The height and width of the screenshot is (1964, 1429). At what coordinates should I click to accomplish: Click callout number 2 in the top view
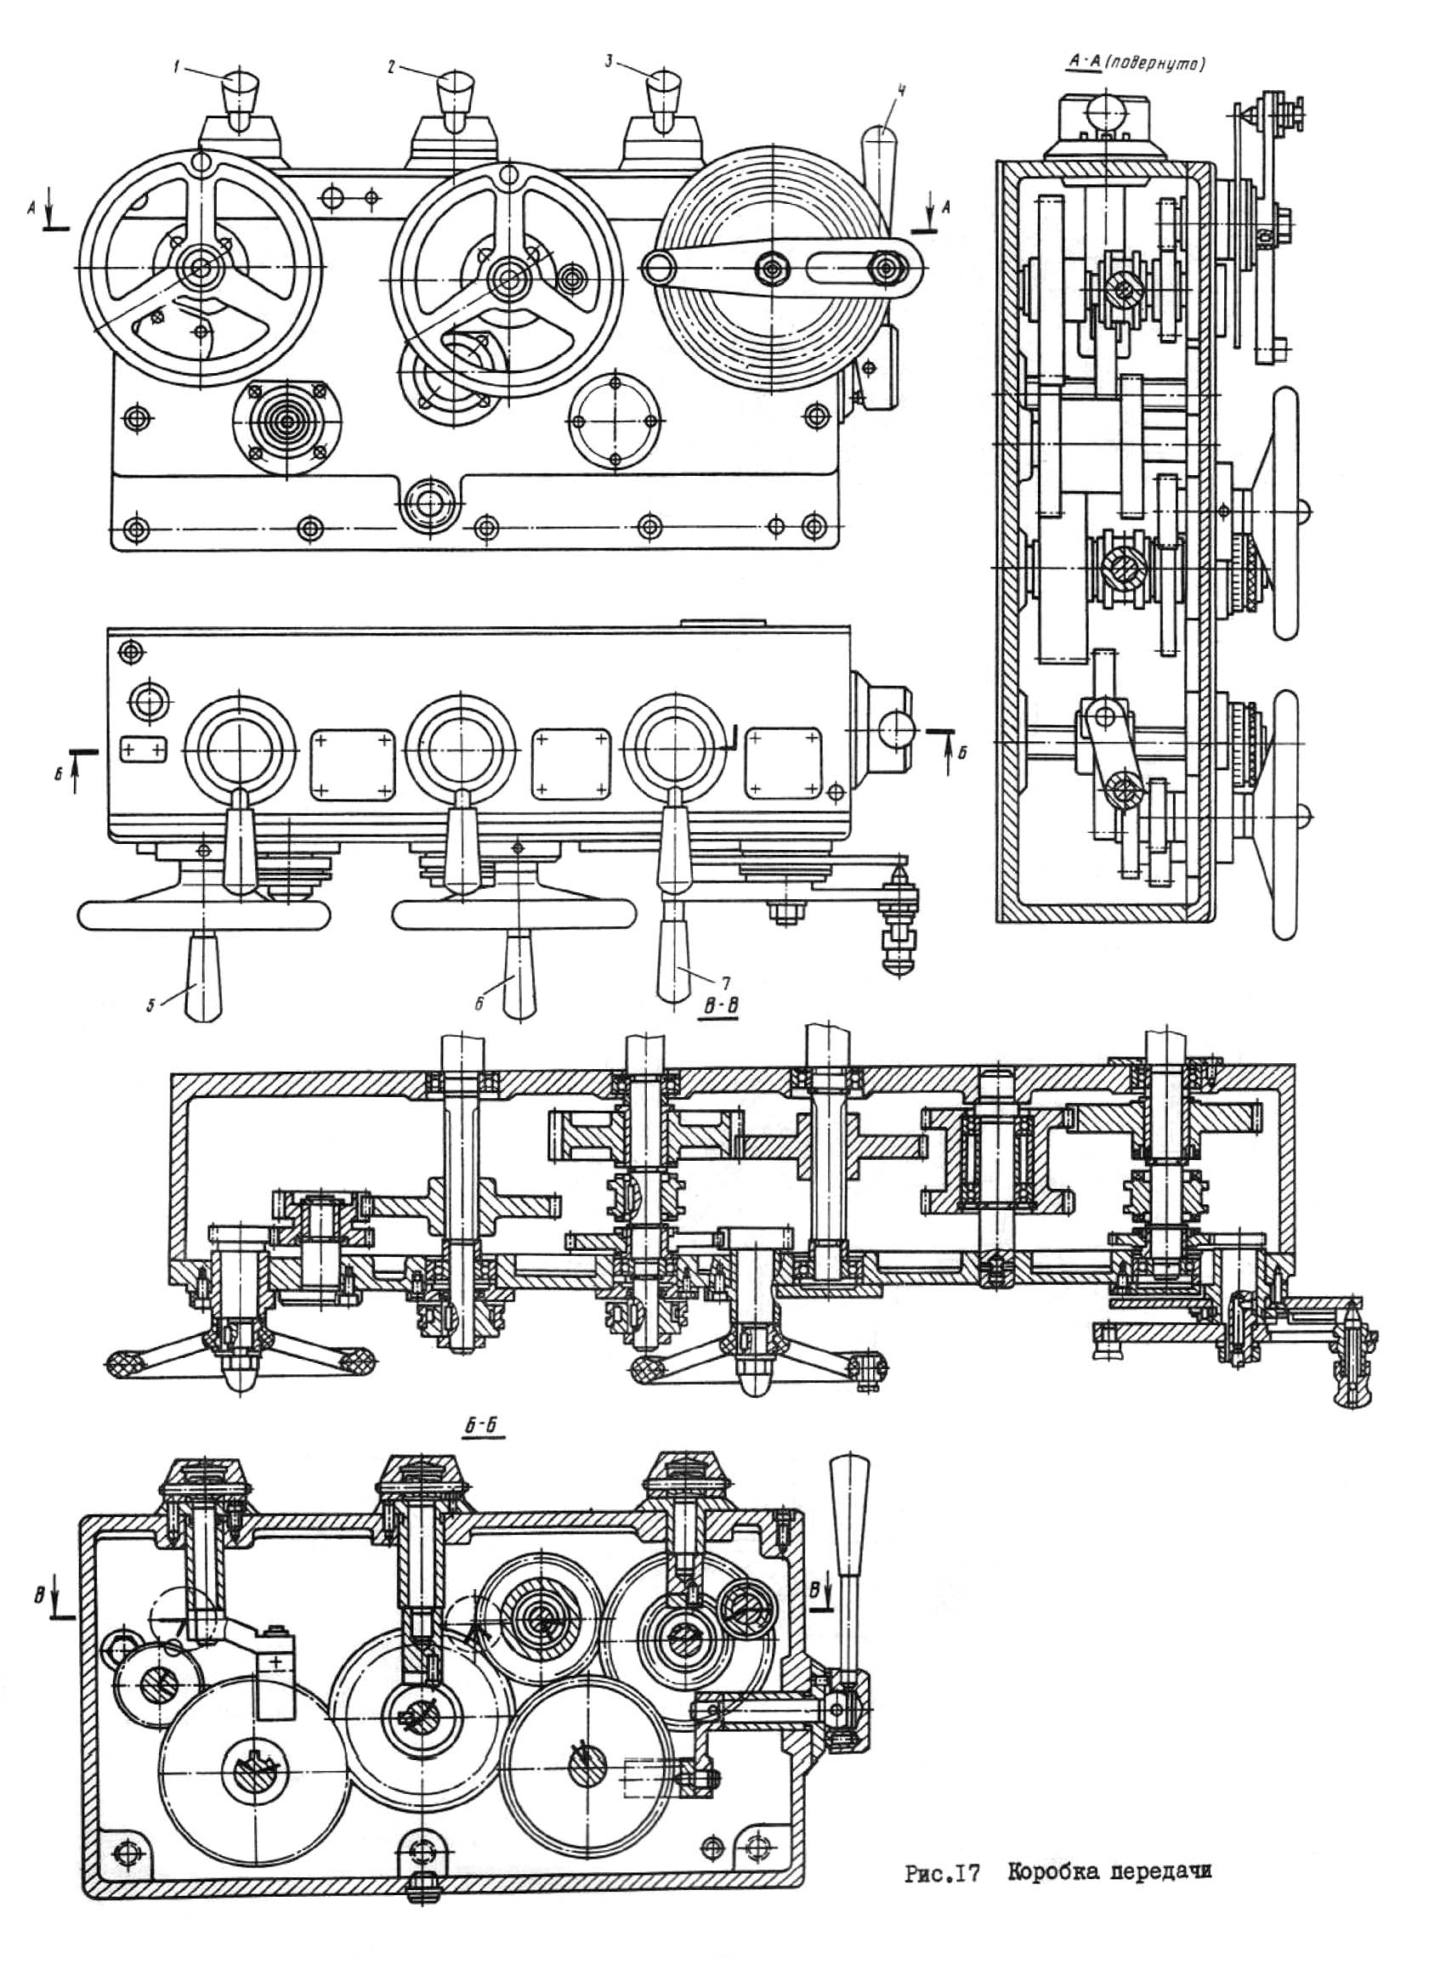click(391, 67)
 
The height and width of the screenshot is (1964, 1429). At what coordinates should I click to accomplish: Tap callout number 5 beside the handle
click(150, 1005)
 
